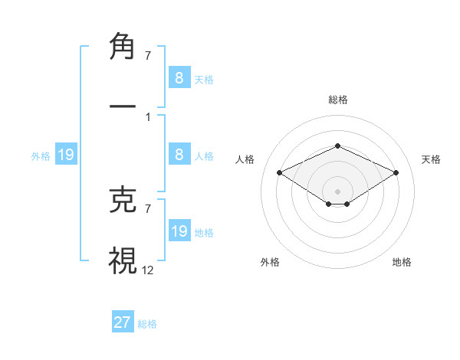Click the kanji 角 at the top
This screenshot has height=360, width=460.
pos(123,48)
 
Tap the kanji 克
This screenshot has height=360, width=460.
pos(123,201)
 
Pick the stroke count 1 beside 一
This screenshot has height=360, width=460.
pos(147,117)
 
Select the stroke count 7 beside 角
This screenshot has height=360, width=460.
pos(147,56)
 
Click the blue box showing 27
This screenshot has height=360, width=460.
pos(123,322)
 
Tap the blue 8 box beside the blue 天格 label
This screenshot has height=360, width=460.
pos(179,77)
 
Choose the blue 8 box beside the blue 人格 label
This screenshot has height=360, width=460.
pos(179,155)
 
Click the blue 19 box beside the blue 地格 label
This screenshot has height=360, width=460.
pos(179,231)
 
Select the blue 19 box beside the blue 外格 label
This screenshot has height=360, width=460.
pos(65,155)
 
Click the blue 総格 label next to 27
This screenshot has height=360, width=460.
pos(147,324)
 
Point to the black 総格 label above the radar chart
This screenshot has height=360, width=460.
pos(337,100)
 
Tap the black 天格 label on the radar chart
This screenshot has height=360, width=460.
pos(431,159)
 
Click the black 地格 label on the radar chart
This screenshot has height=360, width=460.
pos(402,262)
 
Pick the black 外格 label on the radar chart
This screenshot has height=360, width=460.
pos(270,262)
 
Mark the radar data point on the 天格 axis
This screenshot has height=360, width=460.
pos(396,172)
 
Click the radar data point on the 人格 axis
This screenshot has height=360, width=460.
pos(280,172)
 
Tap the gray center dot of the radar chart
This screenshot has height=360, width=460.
pos(337,191)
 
